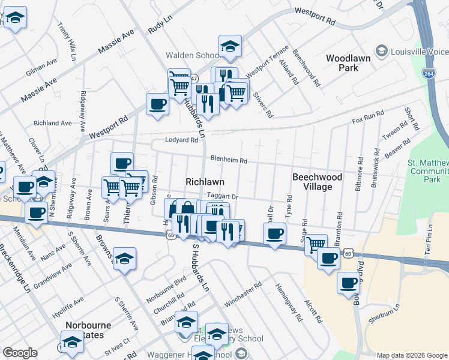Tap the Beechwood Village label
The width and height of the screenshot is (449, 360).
click(x=317, y=182)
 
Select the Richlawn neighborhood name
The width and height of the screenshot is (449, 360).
click(x=205, y=181)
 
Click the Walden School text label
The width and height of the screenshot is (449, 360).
click(x=192, y=55)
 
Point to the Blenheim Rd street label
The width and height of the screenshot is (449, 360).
click(x=229, y=160)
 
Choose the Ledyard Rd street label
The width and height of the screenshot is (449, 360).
click(x=182, y=140)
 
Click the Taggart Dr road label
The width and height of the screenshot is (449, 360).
click(x=223, y=196)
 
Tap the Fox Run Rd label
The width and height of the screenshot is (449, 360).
click(x=368, y=117)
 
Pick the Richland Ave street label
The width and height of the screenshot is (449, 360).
click(x=53, y=123)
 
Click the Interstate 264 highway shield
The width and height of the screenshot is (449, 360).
click(x=429, y=73)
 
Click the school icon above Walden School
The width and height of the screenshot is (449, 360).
click(x=229, y=47)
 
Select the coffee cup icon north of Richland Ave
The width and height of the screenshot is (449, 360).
click(x=157, y=104)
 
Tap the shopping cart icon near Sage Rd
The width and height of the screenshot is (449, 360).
click(x=315, y=244)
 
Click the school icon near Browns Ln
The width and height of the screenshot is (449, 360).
click(x=125, y=259)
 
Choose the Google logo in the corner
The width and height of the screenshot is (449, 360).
click(x=20, y=353)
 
